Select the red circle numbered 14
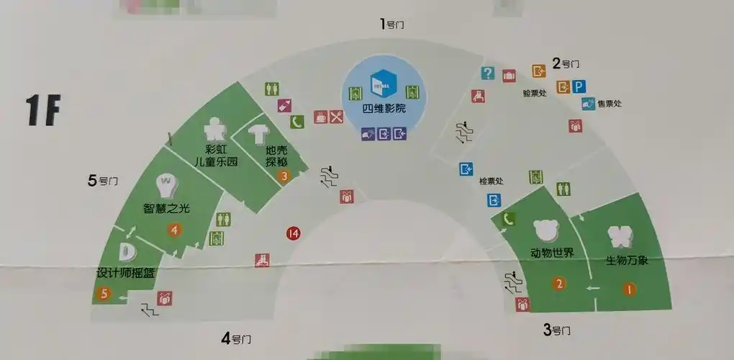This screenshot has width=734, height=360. pyautogui.click(x=293, y=233)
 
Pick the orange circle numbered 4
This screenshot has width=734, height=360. pyautogui.click(x=173, y=230)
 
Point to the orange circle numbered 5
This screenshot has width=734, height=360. pyautogui.click(x=105, y=294)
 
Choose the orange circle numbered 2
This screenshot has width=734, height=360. pyautogui.click(x=558, y=283)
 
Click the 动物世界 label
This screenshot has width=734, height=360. pyautogui.click(x=552, y=253)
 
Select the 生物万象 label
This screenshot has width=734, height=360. pyautogui.click(x=627, y=260)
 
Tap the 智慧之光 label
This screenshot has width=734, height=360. pyautogui.click(x=166, y=209)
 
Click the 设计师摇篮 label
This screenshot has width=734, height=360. pyautogui.click(x=126, y=274)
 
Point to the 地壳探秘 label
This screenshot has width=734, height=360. pyautogui.click(x=276, y=156)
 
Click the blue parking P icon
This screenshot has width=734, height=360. pyautogui.click(x=580, y=86)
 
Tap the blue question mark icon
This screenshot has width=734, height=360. pyautogui.click(x=488, y=73)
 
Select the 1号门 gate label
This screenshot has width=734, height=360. pyautogui.click(x=391, y=24)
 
